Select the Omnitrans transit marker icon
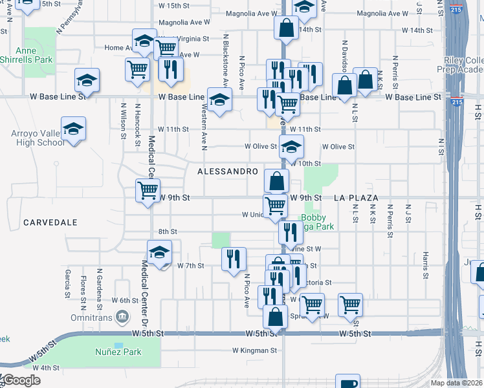[x=121, y=316]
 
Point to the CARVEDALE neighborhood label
[x=50, y=222]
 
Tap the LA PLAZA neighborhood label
[x=356, y=197]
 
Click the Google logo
[x=21, y=380]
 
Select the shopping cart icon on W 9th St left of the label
[x=148, y=190]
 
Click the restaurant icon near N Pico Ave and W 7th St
[x=234, y=258]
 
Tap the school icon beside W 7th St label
[x=159, y=253]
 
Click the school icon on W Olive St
[x=291, y=146]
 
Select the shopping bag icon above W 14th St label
[x=285, y=28]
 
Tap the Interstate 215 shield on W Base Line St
[x=457, y=102]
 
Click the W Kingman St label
[x=255, y=351]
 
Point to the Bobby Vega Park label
[x=317, y=222]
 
